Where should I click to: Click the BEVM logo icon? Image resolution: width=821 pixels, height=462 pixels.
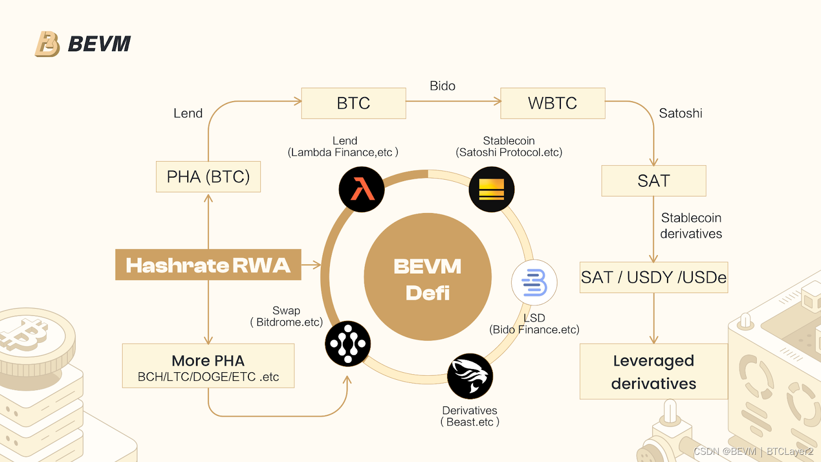(47, 44)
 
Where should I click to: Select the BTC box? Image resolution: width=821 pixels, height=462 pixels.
(354, 103)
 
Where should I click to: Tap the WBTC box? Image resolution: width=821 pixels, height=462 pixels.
(553, 103)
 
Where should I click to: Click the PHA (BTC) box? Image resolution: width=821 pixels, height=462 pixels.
(208, 177)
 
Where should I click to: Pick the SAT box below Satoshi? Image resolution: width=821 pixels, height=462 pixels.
(654, 181)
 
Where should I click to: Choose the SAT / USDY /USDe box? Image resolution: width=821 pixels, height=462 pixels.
(654, 277)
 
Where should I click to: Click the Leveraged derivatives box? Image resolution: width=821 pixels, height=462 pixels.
(654, 372)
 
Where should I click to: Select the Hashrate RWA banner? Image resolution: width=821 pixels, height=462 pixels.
(208, 265)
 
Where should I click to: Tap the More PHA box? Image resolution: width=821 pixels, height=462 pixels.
(208, 365)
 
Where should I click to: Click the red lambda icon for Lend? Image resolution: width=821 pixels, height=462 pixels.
(362, 189)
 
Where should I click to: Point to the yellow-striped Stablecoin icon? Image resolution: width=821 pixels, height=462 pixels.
(492, 189)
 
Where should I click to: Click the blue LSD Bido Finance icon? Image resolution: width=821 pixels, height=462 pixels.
(534, 283)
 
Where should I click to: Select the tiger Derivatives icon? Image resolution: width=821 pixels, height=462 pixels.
(470, 376)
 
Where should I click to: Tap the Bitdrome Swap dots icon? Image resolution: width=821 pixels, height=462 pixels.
(348, 343)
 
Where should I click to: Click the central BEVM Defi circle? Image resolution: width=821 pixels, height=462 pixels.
(427, 277)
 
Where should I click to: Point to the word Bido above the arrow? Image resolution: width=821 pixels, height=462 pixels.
(442, 86)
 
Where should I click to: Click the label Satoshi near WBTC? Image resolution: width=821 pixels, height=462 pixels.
(680, 113)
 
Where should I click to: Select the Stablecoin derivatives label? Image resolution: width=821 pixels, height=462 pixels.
(691, 226)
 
